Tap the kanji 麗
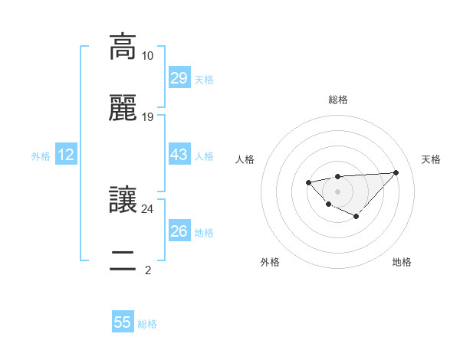123,109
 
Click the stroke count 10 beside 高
147,56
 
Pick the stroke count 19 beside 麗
147,117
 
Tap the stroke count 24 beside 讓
147,208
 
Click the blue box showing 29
179,78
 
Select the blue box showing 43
179,155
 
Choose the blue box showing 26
179,231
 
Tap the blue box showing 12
66,155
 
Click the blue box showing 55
123,322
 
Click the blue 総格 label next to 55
147,324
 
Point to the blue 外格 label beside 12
41,156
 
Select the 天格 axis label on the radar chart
431,159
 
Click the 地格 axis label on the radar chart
402,262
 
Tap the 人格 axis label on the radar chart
245,159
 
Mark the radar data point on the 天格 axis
396,172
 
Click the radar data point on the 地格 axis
356,217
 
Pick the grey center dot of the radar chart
337,191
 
